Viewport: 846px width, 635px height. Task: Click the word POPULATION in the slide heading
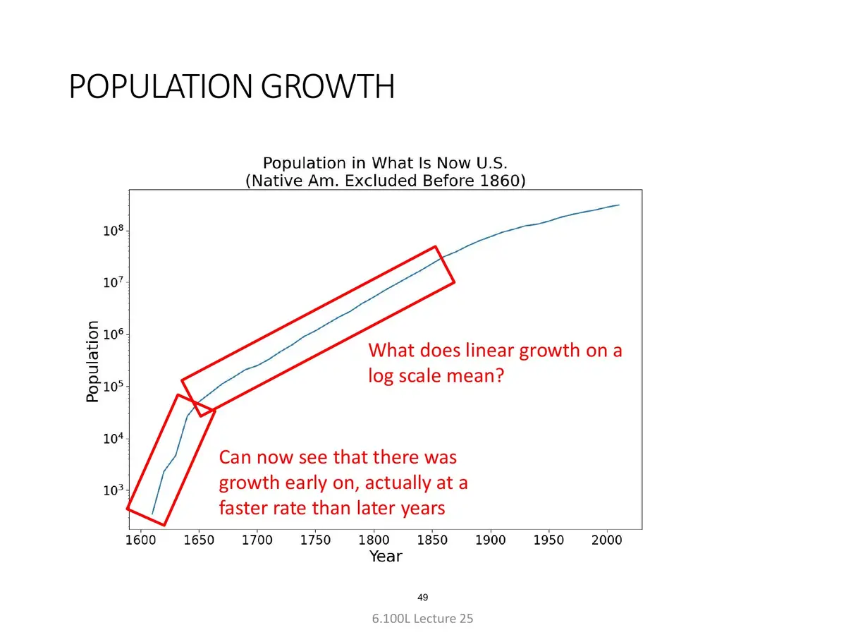pos(160,86)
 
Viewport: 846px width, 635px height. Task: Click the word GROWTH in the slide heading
pos(328,86)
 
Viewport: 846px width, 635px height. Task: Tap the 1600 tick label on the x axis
pos(141,540)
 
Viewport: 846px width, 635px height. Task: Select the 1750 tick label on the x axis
pos(315,540)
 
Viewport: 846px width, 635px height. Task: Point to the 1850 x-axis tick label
pos(432,540)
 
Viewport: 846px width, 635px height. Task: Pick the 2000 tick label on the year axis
pos(607,540)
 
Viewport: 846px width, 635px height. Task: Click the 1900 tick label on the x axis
pos(490,540)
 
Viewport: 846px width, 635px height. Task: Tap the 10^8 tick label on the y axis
pos(114,231)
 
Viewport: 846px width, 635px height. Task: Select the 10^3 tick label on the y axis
pos(114,490)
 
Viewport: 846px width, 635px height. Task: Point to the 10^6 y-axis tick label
pos(114,334)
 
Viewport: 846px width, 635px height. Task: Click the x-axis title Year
pos(386,557)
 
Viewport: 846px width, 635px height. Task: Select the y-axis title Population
pos(92,361)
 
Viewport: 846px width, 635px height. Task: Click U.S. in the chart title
pos(492,163)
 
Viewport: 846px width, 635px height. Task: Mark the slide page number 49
pos(422,598)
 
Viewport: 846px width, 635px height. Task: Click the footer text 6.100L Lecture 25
pos(422,619)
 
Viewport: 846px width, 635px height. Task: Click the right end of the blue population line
pos(619,205)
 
